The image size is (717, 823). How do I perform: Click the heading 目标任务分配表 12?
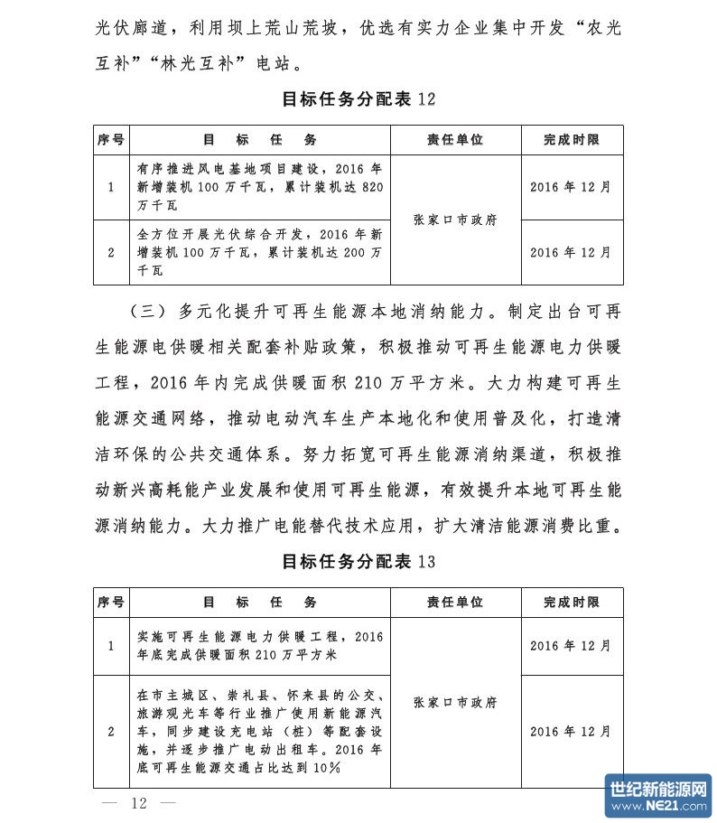tap(358, 99)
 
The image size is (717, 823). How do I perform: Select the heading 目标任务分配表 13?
tap(358, 562)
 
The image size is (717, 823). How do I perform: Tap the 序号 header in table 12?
tap(111, 140)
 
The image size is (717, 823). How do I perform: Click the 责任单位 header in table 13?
tap(455, 603)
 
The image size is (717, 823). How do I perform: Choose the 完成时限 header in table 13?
tap(571, 603)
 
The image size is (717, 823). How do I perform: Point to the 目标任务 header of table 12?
tap(260, 140)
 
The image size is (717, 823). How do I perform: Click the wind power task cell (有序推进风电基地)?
tap(260, 188)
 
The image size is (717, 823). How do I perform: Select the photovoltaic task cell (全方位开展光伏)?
tap(260, 252)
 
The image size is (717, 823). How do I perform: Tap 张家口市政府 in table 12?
tap(455, 220)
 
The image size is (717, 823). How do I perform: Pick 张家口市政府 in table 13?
tap(455, 702)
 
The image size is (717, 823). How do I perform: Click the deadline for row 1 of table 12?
tap(571, 188)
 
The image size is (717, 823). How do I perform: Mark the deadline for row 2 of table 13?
tap(571, 731)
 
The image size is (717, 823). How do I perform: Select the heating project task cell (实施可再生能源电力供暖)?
tap(260, 645)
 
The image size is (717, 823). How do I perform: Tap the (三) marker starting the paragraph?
tap(143, 313)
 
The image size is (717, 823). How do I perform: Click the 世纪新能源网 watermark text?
tap(658, 789)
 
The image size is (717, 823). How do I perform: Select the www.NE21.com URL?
tap(658, 806)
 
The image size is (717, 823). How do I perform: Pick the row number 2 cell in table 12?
tap(111, 252)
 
